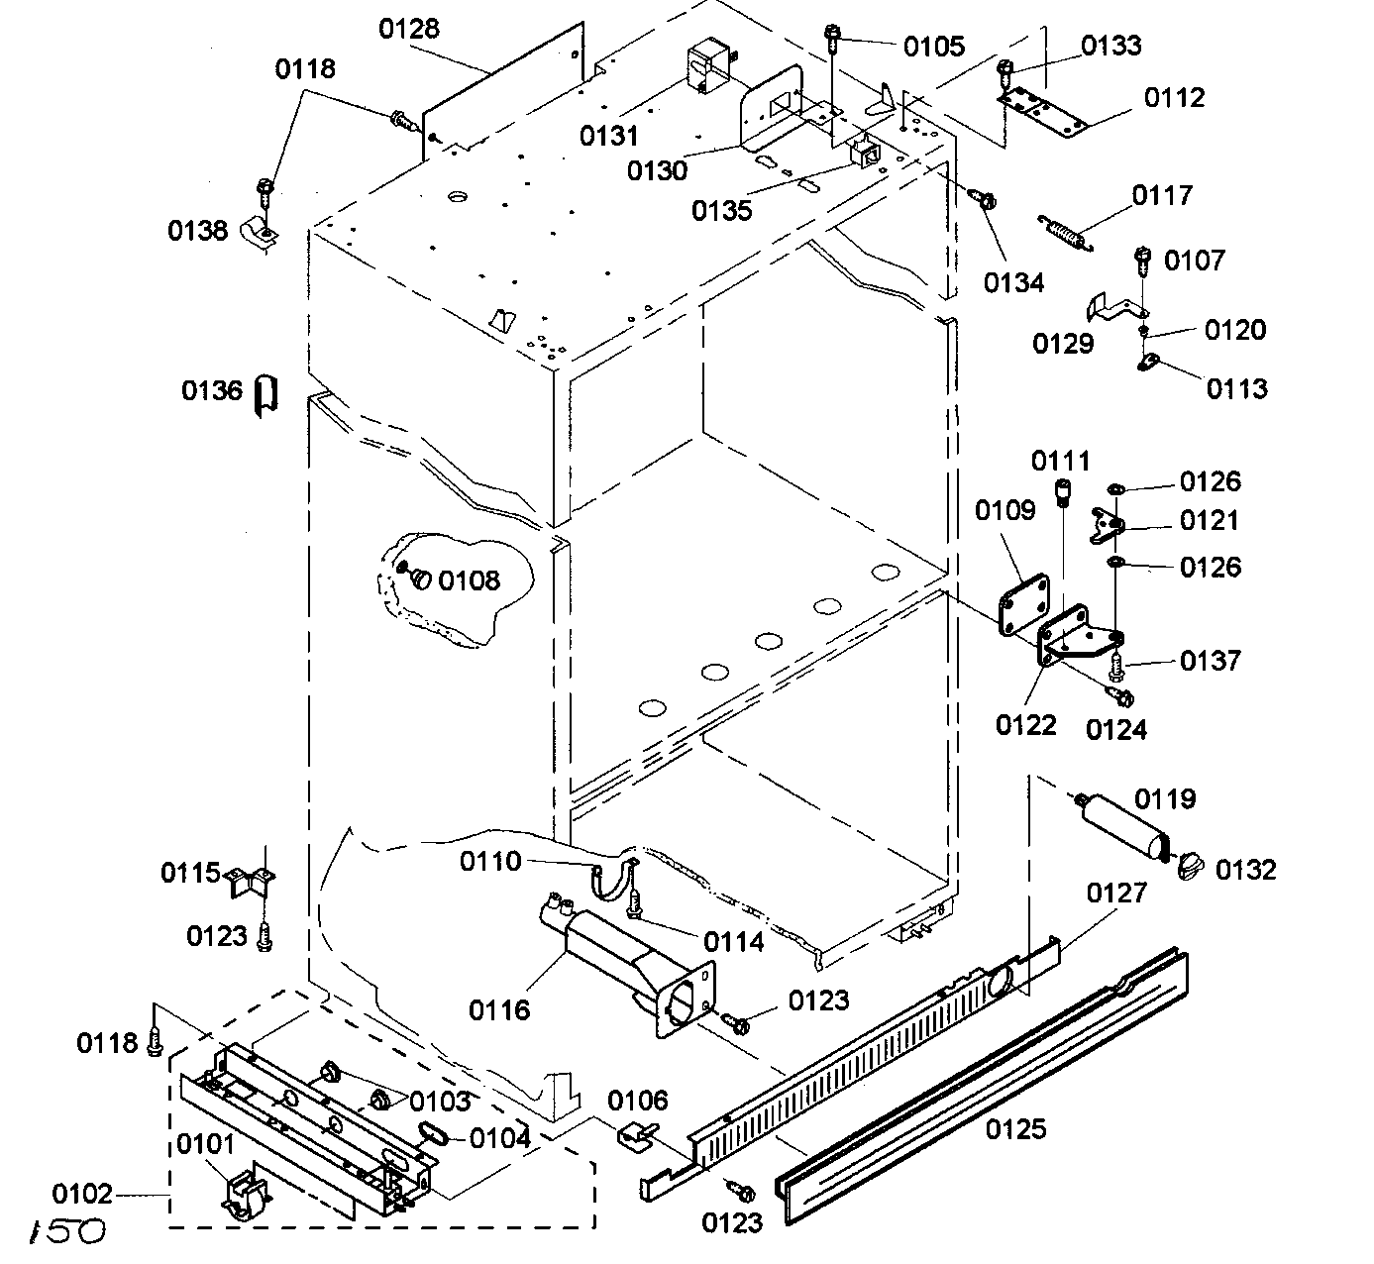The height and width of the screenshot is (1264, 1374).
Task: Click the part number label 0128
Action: [x=409, y=28]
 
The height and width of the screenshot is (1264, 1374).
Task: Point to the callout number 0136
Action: [x=211, y=390]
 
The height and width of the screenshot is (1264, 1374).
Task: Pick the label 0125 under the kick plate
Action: [x=1016, y=1128]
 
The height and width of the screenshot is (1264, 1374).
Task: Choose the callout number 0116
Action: [x=499, y=1010]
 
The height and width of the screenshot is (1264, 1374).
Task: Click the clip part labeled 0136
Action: [x=265, y=395]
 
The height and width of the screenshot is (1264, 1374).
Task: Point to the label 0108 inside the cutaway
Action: [x=470, y=580]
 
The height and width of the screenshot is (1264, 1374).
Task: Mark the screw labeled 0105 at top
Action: [x=832, y=41]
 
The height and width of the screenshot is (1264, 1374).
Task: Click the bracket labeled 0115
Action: [x=252, y=880]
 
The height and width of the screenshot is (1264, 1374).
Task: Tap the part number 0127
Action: [x=1116, y=893]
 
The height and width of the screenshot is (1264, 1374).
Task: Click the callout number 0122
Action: [x=1025, y=725]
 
